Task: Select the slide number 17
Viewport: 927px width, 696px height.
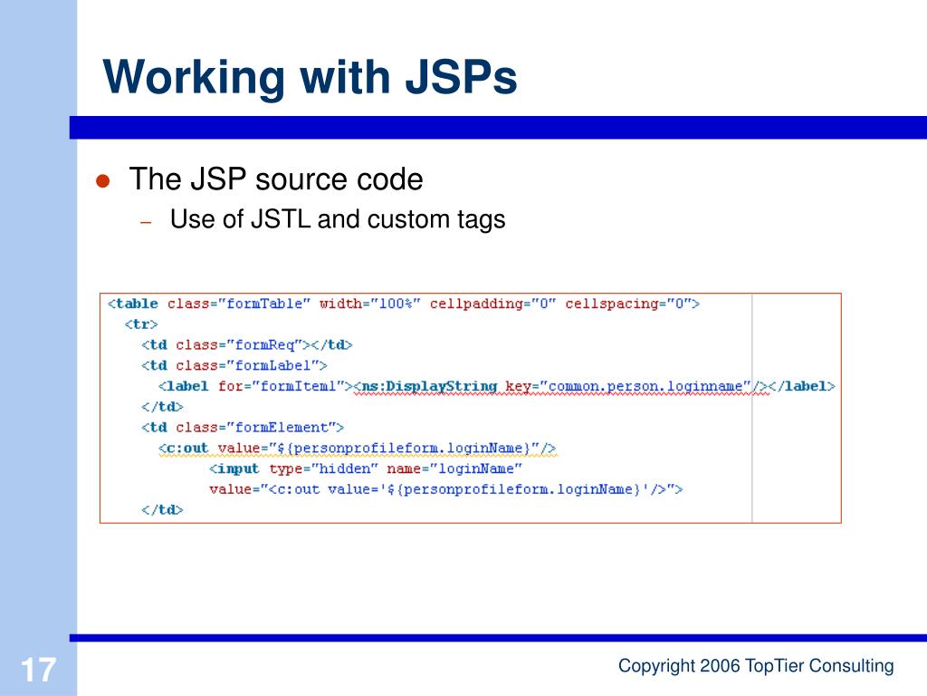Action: coord(38,672)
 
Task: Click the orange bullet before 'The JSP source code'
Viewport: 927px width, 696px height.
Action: coord(103,180)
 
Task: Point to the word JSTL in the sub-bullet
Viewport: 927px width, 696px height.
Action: coord(278,219)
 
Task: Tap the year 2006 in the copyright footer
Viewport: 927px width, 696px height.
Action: coord(720,666)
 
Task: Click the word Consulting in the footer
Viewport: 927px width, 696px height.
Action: coord(851,666)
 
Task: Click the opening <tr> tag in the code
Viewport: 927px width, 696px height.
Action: coord(141,324)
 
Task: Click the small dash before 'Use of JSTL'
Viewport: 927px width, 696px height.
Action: coord(145,221)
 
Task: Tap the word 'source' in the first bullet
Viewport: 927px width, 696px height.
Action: coord(300,179)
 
